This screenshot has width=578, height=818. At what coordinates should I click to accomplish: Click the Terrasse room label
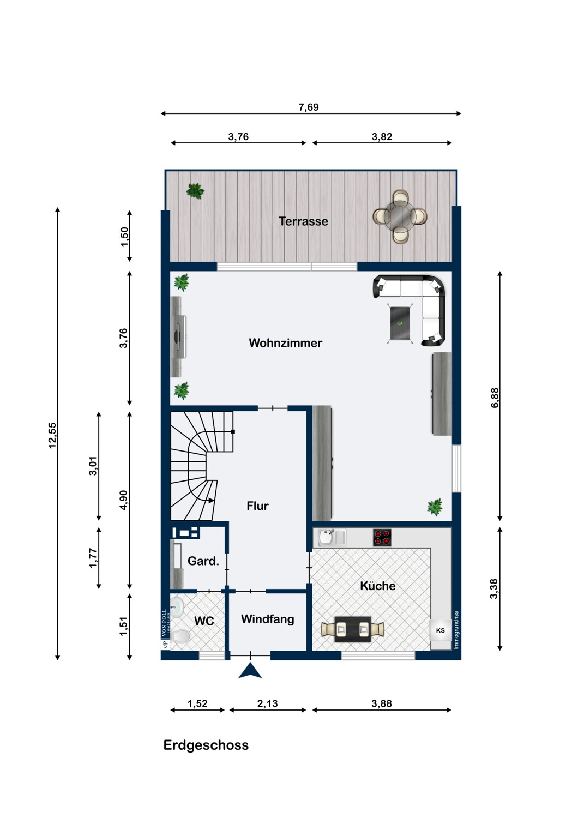(x=303, y=221)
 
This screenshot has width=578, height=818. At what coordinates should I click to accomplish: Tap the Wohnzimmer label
(x=286, y=343)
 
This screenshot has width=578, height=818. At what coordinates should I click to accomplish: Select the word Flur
(x=257, y=506)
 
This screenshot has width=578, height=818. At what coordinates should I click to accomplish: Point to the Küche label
(x=377, y=586)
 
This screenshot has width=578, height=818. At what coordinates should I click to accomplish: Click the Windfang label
(x=267, y=619)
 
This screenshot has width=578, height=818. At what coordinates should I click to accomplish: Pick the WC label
(x=204, y=621)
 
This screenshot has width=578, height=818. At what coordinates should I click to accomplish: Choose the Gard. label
(x=203, y=561)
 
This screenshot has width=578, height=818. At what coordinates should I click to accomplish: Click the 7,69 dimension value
(x=309, y=107)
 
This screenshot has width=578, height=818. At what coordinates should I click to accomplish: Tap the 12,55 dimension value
(x=52, y=435)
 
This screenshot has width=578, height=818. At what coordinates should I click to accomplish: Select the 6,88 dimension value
(x=495, y=398)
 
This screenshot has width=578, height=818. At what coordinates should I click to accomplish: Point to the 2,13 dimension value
(x=267, y=703)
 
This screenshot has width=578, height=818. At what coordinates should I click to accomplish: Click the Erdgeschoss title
(x=206, y=745)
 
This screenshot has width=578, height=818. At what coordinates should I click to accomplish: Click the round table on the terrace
(x=400, y=217)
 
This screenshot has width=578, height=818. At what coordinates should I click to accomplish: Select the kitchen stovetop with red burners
(x=382, y=538)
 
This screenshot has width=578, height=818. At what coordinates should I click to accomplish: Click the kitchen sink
(x=332, y=538)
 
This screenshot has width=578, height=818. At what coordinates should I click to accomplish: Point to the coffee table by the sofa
(x=400, y=323)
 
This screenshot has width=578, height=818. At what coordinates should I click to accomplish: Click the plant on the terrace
(x=195, y=191)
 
